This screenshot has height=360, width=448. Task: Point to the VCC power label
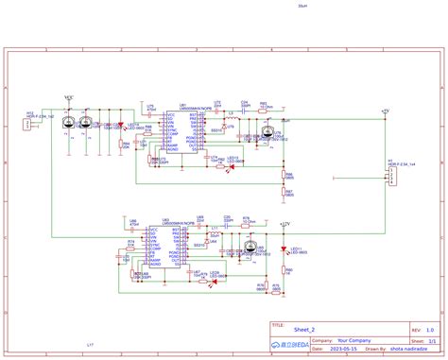[x=67, y=96]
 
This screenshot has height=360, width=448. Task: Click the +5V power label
[x=385, y=111]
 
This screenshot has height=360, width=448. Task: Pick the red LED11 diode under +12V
[x=284, y=249]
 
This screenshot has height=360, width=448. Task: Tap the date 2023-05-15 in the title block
[x=316, y=348]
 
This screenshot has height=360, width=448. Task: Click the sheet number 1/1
[x=431, y=339]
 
